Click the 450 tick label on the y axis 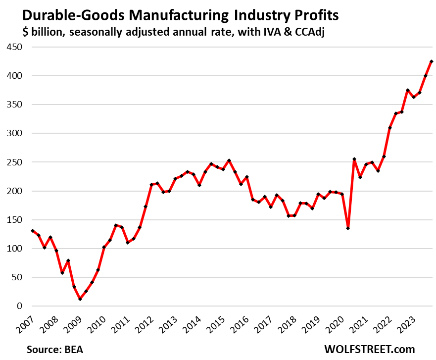(x=14, y=47)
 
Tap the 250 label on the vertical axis (x=14, y=162)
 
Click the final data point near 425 (x=432, y=61)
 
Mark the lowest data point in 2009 (x=80, y=299)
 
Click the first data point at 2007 (x=33, y=231)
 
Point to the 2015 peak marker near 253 (x=229, y=160)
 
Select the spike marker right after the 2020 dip (x=354, y=159)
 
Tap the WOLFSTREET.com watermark (x=369, y=349)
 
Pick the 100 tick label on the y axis (x=14, y=249)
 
